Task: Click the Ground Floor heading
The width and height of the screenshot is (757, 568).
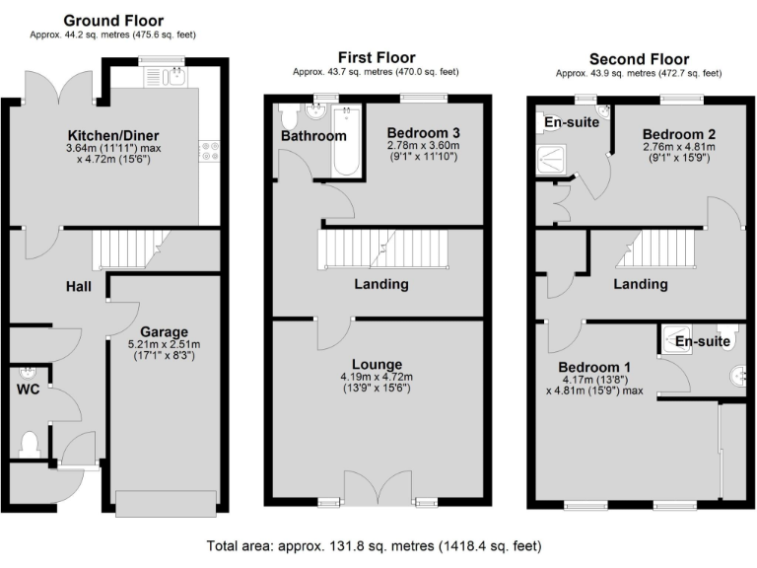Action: point(113,21)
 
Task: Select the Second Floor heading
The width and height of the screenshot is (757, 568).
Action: point(639,59)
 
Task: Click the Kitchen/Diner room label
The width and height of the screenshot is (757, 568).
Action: point(113,135)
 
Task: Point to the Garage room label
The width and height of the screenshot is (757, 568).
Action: point(164,331)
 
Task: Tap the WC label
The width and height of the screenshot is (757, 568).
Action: point(28,389)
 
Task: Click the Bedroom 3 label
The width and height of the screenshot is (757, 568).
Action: point(423,132)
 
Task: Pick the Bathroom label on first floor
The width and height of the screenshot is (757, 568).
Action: point(313,136)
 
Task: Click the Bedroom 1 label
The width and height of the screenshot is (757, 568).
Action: point(591,368)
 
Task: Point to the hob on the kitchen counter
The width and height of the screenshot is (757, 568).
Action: point(209,150)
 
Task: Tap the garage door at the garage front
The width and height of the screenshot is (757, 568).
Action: point(167,501)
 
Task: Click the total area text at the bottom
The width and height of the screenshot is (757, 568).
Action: point(374,545)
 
